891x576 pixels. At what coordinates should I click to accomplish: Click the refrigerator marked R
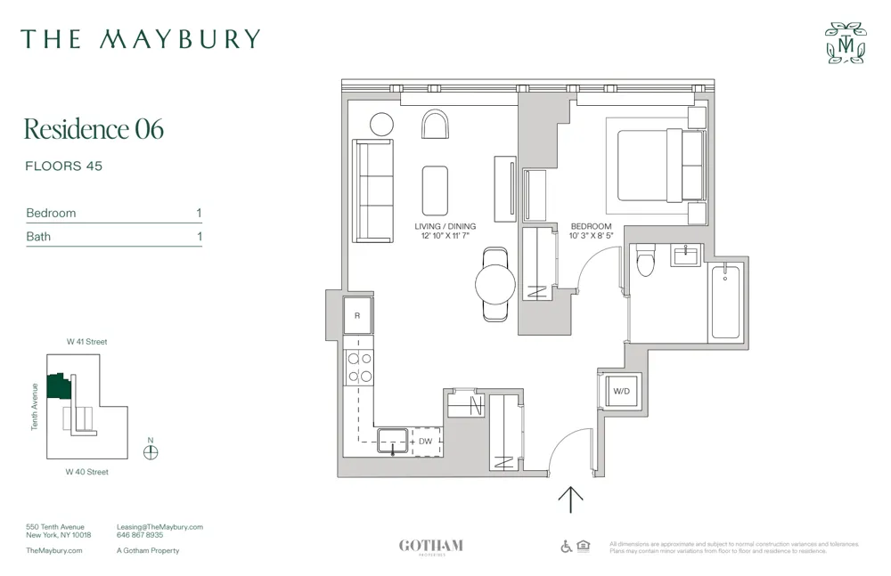[x=358, y=315]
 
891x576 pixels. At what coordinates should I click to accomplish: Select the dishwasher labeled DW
[x=426, y=442]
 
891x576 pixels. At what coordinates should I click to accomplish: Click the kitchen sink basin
[x=392, y=440]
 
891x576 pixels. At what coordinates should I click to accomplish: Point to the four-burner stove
[x=359, y=368]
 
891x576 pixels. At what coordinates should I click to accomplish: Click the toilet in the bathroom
[x=646, y=260]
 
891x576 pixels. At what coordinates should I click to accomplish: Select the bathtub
[x=725, y=303]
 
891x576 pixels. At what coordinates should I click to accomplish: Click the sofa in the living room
[x=372, y=191]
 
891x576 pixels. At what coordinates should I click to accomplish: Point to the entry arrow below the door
[x=570, y=499]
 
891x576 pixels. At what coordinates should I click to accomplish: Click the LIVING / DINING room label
[x=445, y=226]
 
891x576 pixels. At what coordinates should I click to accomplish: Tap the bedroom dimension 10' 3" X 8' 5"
[x=592, y=237]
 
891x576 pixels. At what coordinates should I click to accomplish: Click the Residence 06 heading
[x=94, y=129]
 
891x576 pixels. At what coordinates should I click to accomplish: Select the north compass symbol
[x=151, y=451]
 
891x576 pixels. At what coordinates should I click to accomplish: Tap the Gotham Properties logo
[x=431, y=547]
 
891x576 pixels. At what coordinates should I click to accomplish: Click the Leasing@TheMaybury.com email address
[x=160, y=527]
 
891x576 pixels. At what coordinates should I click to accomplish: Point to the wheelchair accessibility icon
[x=567, y=547]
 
